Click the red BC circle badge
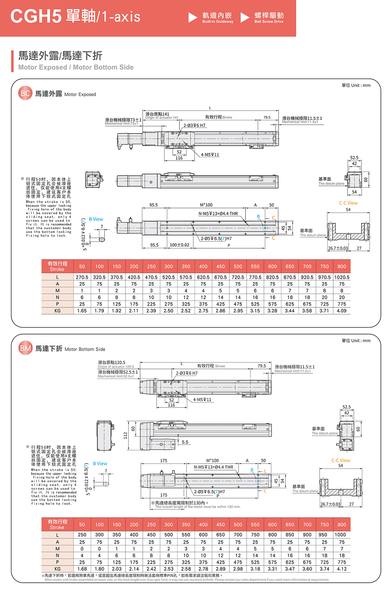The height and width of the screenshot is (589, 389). (x=25, y=94)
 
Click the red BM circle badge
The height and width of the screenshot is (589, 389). (x=25, y=348)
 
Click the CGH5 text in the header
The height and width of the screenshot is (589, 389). (x=36, y=17)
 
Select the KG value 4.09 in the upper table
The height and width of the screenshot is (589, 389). (x=342, y=311)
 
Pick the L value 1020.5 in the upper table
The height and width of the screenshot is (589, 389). (x=342, y=277)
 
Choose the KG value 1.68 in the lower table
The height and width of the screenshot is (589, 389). (x=82, y=569)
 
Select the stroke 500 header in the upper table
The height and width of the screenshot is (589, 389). (x=238, y=267)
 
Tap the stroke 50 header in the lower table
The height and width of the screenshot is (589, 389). (x=82, y=524)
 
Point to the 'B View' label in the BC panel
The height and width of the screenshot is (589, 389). (x=96, y=219)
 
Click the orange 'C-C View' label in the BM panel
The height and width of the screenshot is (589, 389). (x=341, y=460)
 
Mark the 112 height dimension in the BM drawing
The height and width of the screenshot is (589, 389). (x=125, y=435)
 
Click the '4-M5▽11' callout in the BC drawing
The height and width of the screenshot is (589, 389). (x=210, y=155)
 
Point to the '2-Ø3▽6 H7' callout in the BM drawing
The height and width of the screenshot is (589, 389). (x=186, y=373)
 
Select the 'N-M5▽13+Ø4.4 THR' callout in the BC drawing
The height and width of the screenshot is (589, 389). (x=218, y=214)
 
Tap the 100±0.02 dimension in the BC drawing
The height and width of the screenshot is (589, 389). (x=179, y=245)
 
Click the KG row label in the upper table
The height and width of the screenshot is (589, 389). (x=58, y=311)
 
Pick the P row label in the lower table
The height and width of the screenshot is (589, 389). (x=58, y=562)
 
